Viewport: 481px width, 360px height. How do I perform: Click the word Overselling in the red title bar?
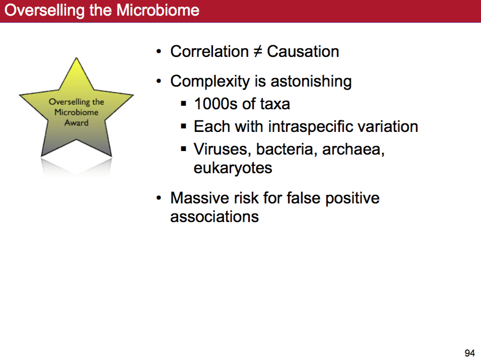point(44,11)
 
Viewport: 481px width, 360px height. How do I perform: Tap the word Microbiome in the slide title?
point(158,10)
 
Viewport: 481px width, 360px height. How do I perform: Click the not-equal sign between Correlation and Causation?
point(258,51)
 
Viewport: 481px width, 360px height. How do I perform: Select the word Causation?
point(303,51)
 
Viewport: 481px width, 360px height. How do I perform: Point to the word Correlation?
point(210,51)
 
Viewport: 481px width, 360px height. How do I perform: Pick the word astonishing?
point(311,81)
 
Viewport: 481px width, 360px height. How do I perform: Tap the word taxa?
point(275,104)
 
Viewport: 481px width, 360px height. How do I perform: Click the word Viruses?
point(221,150)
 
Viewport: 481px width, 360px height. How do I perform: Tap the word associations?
point(215,217)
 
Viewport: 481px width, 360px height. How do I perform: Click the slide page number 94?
point(469,353)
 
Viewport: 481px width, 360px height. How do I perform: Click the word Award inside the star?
point(77,123)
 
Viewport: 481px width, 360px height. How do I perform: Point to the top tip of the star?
point(77,58)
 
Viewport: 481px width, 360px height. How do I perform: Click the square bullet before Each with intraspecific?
point(183,126)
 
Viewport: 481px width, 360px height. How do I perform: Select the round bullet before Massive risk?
point(158,198)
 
